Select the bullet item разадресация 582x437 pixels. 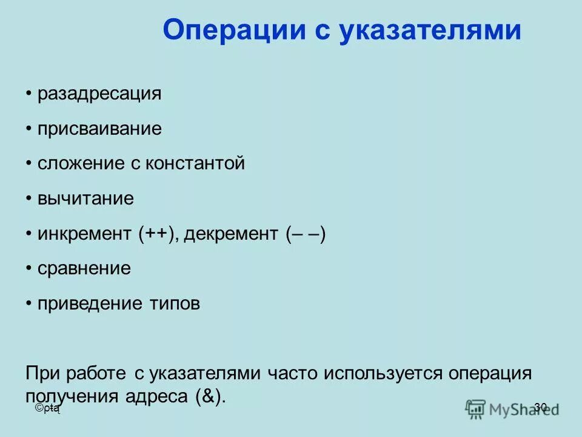coord(99,94)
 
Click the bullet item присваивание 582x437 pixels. coord(99,129)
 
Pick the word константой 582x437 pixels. coord(195,163)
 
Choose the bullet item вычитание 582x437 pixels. coord(85,198)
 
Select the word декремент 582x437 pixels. coord(230,234)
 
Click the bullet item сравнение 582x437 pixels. coord(84,268)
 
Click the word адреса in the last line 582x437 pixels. coord(156,396)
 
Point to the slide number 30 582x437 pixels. coord(541,407)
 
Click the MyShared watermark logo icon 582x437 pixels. coord(476,409)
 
